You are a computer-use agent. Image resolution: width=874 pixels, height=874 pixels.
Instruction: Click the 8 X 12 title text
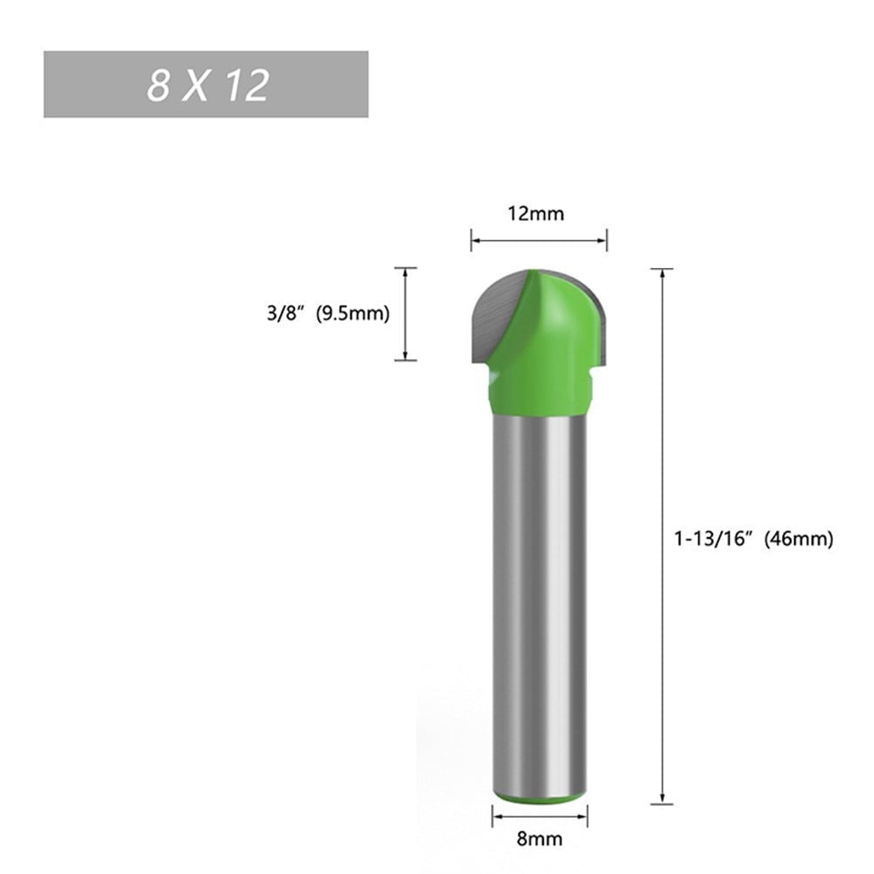[207, 86]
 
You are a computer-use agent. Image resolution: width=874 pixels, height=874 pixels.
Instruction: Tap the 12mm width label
[539, 213]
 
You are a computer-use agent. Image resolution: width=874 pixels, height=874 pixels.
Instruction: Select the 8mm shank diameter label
[539, 840]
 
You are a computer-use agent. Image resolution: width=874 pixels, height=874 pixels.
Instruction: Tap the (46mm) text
[799, 539]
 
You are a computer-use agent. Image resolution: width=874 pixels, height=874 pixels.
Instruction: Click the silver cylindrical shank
[539, 602]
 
